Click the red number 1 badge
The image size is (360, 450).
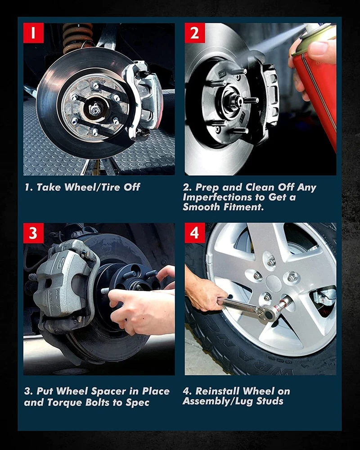pos(33,33)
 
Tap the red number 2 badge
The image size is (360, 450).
pos(195,33)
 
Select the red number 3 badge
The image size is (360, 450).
pos(33,233)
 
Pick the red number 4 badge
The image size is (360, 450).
pos(195,233)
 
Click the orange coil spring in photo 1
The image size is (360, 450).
pos(77,37)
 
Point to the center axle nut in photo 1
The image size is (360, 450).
pos(95,109)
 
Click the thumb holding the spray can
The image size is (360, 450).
pos(322,49)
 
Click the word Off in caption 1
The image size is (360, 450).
pos(132,187)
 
